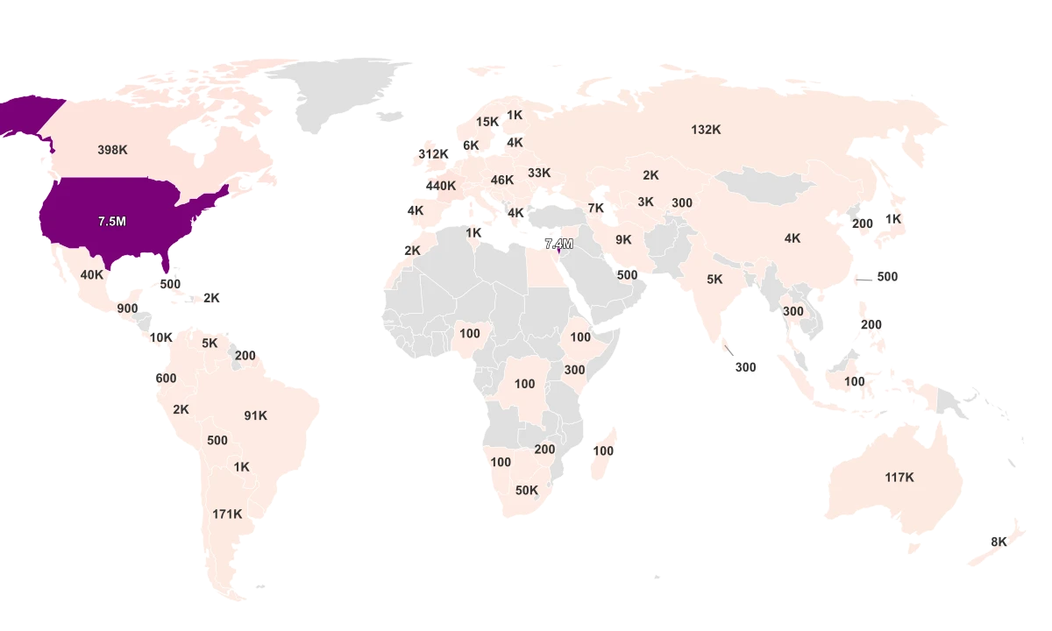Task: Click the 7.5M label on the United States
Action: tap(111, 222)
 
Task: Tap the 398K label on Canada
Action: tap(112, 150)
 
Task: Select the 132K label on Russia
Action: tap(706, 130)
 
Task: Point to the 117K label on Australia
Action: tap(899, 478)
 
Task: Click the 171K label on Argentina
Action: tap(227, 514)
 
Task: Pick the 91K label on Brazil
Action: tap(256, 416)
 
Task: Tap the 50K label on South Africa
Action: tap(527, 491)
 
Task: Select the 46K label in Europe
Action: tap(502, 181)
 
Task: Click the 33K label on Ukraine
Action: tap(539, 174)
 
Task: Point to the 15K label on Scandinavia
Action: tap(487, 122)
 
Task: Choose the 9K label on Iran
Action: tap(623, 239)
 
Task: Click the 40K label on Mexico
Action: tap(92, 274)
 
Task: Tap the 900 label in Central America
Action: tap(127, 308)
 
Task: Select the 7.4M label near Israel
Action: tap(558, 245)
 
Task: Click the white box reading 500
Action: tap(887, 277)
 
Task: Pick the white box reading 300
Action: tap(745, 368)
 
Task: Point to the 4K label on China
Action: tap(793, 238)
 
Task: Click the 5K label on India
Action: tap(715, 280)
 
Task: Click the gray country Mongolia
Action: tap(763, 187)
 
